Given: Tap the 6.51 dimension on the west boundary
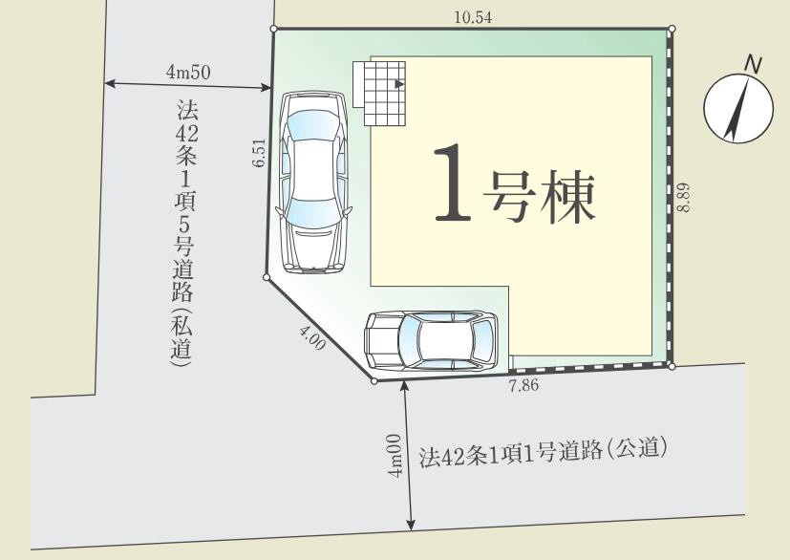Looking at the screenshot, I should click(259, 154).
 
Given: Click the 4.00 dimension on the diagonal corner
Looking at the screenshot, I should click(311, 338).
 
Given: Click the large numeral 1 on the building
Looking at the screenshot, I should click(452, 183).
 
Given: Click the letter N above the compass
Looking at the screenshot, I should click(754, 64).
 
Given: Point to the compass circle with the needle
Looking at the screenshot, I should click(737, 108).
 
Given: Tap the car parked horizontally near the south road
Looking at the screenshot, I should click(432, 339).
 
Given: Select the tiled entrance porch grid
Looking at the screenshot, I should click(381, 92).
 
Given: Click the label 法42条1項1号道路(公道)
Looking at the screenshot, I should click(543, 451).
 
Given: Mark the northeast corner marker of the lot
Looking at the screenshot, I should click(672, 29).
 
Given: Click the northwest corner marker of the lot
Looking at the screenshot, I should click(274, 30).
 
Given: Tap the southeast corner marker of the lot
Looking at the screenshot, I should click(672, 366).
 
